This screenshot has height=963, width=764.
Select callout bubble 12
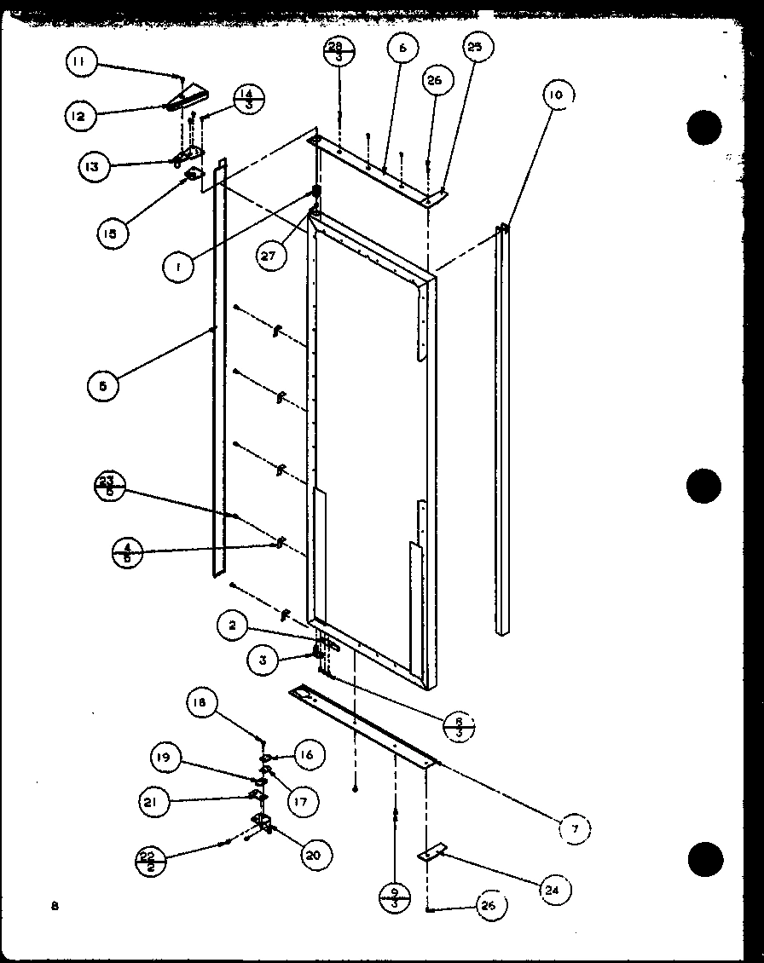(78, 115)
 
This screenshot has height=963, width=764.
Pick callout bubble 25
(474, 48)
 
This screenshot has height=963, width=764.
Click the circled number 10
(555, 95)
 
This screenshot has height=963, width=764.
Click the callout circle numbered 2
(231, 626)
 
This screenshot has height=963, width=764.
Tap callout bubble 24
(555, 891)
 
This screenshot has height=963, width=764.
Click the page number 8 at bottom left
(54, 906)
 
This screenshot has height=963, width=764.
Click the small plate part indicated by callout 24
(432, 851)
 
